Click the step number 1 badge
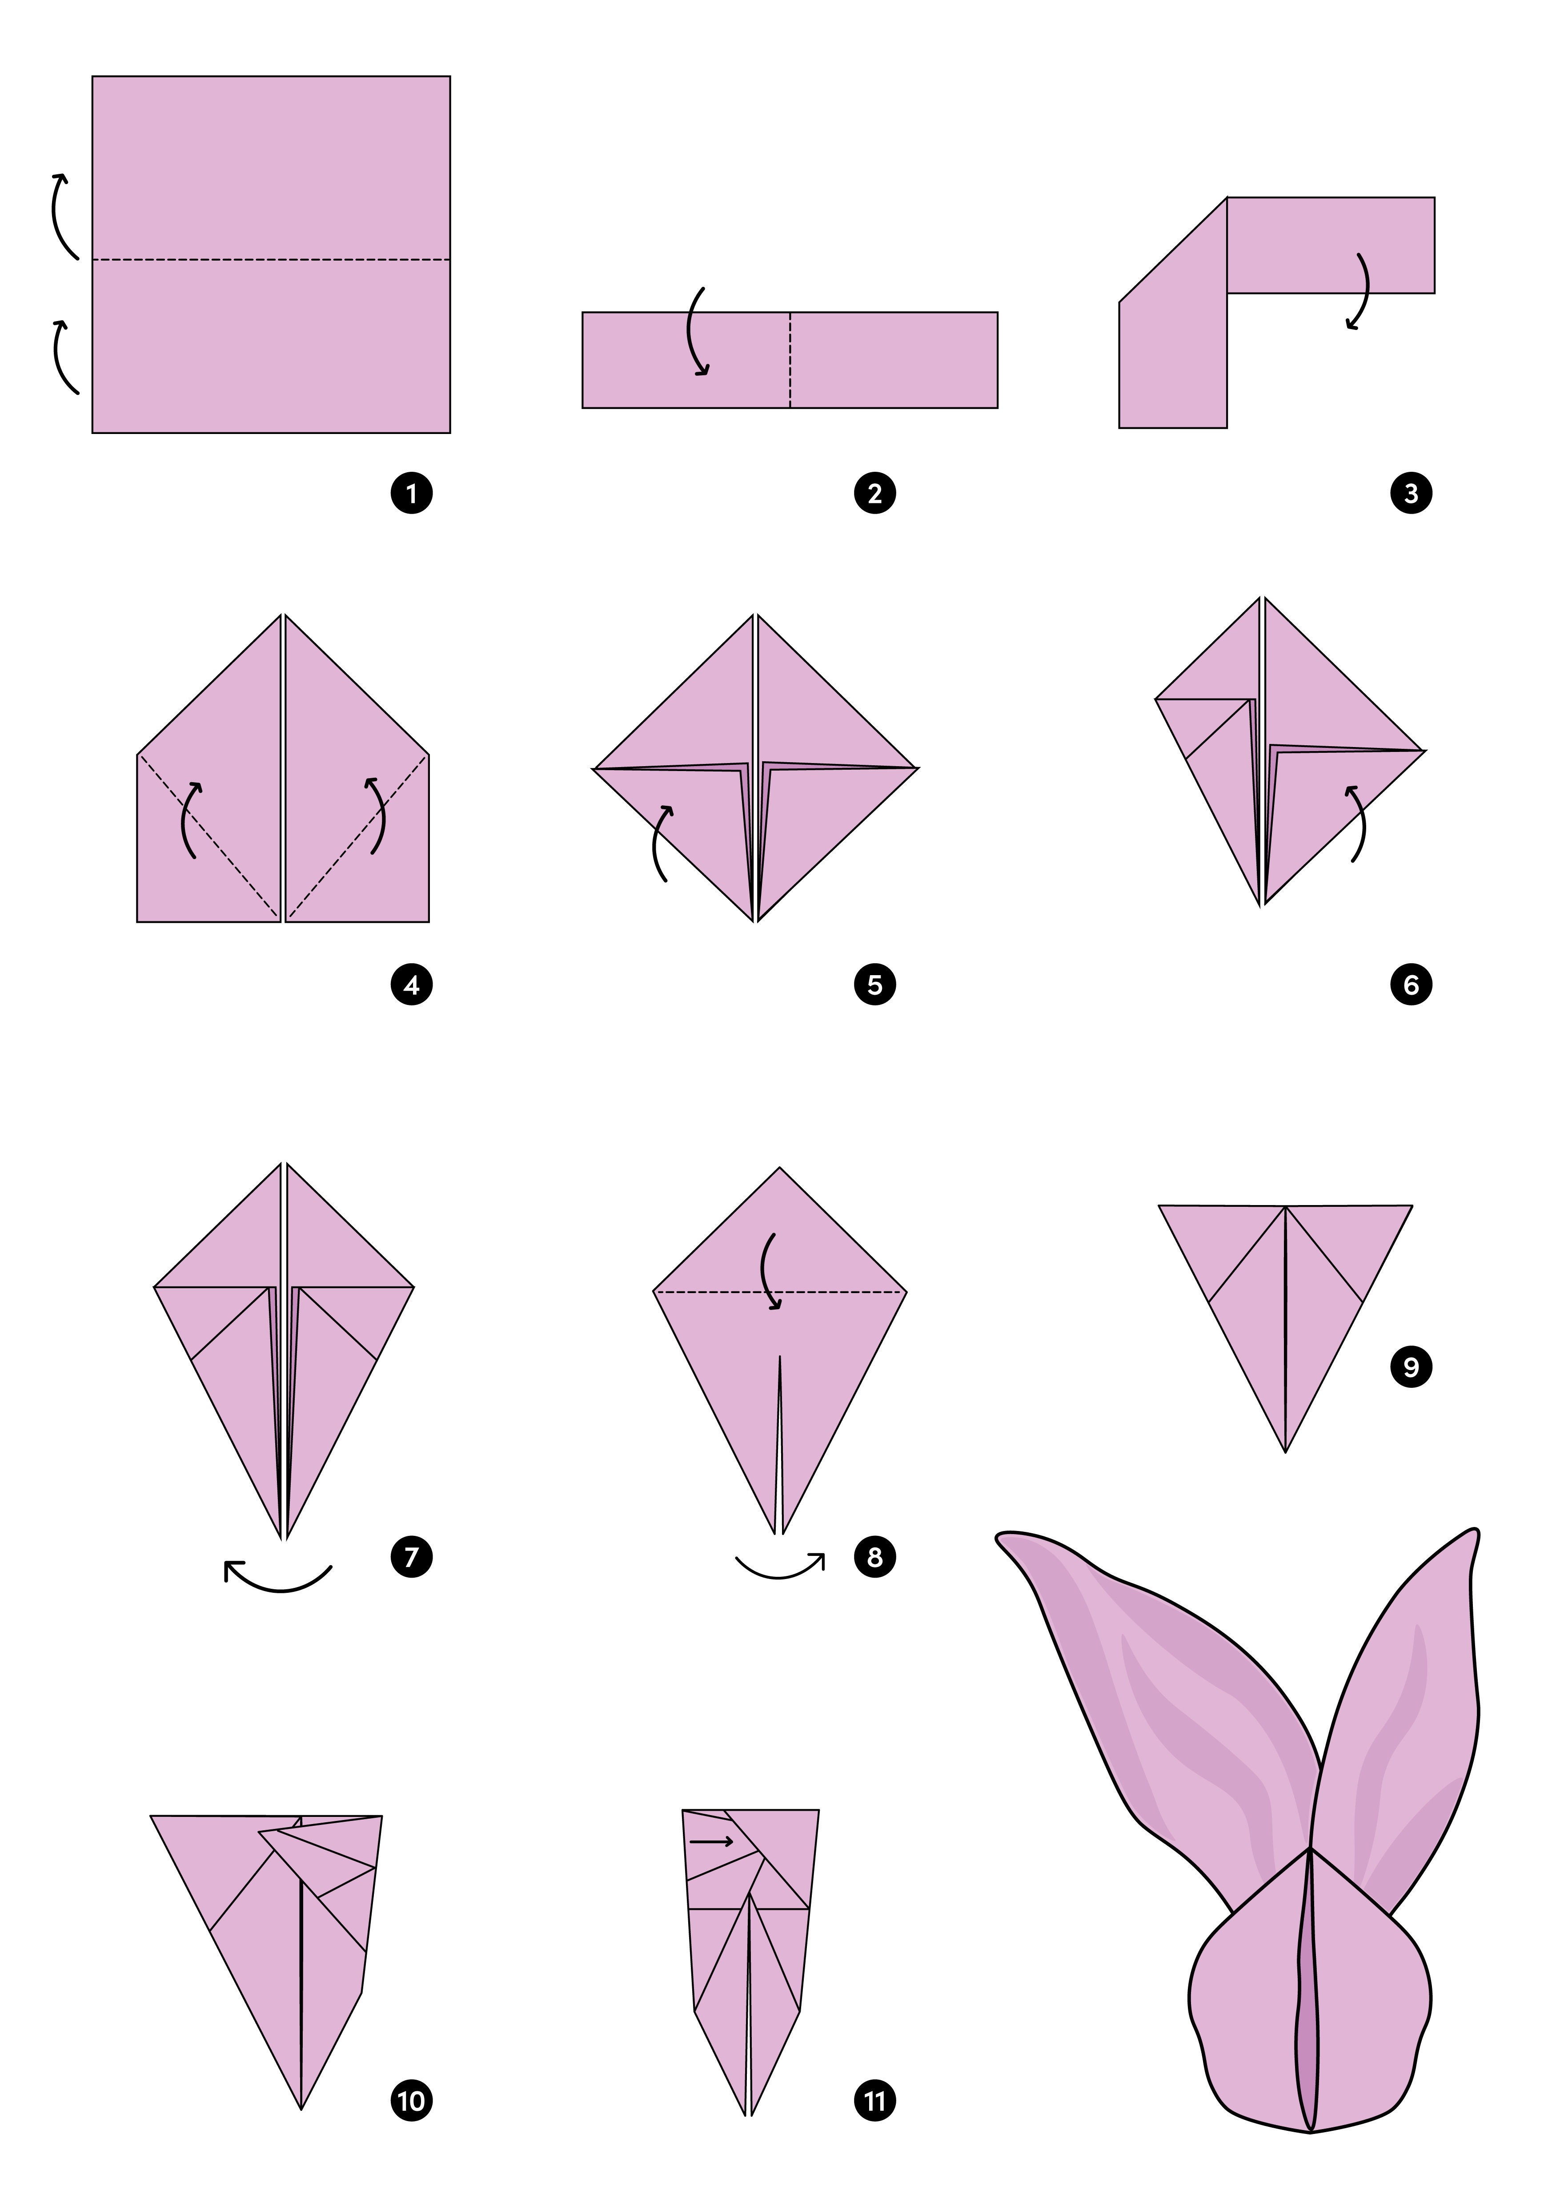pyautogui.click(x=412, y=494)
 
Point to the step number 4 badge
pyautogui.click(x=412, y=985)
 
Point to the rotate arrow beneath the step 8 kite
pyautogui.click(x=780, y=1577)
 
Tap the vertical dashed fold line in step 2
pyautogui.click(x=790, y=360)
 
